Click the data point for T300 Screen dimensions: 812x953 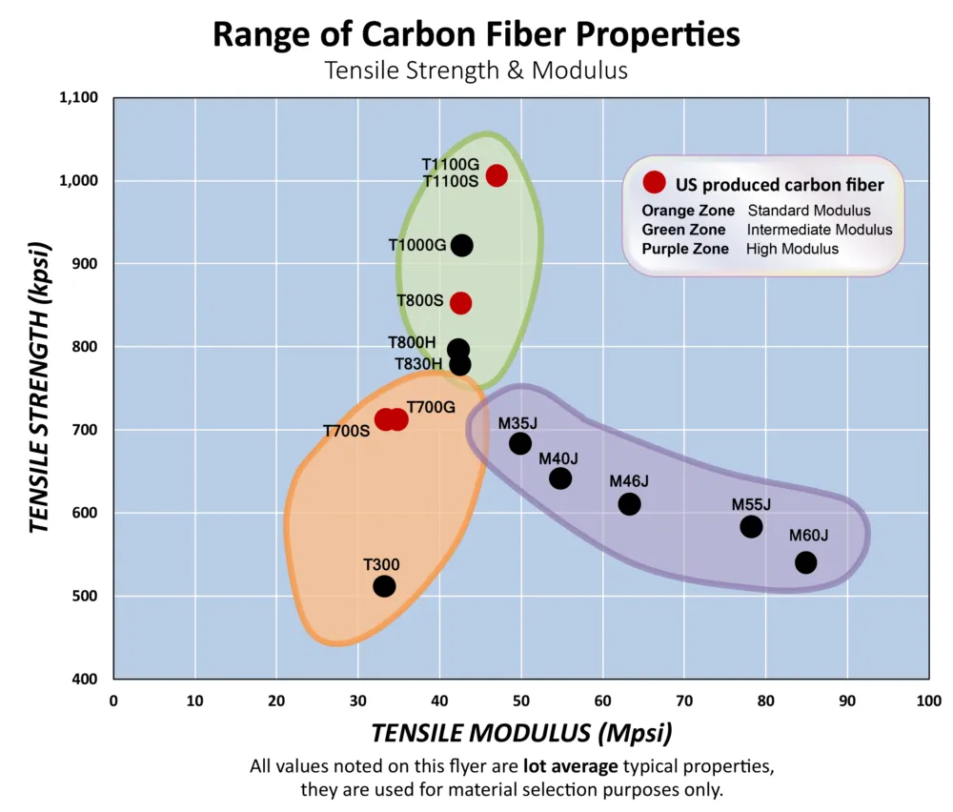point(384,586)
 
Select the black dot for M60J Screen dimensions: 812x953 point(805,562)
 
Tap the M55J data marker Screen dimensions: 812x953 point(751,526)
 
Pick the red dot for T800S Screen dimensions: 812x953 point(461,303)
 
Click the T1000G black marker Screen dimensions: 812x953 point(462,245)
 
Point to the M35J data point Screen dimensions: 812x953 point(520,443)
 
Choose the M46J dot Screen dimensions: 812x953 point(629,503)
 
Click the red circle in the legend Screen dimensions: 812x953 point(654,182)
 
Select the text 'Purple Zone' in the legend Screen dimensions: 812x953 point(685,249)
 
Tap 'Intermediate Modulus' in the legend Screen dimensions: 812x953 point(820,230)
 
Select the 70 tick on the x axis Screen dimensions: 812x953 point(684,700)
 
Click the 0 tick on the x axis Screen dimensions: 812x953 point(113,700)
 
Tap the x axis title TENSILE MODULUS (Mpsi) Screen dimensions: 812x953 point(521,733)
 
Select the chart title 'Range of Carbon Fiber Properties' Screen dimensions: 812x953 point(476,35)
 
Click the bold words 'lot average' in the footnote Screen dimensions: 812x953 point(569,765)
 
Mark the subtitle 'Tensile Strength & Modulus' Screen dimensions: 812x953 point(476,71)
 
